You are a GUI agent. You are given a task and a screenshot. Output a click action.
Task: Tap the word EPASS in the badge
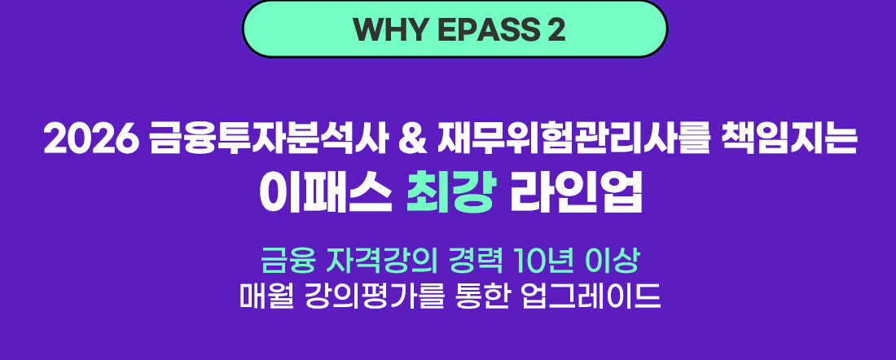click(x=469, y=29)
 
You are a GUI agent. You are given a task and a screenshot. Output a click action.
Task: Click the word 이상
click(x=613, y=262)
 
